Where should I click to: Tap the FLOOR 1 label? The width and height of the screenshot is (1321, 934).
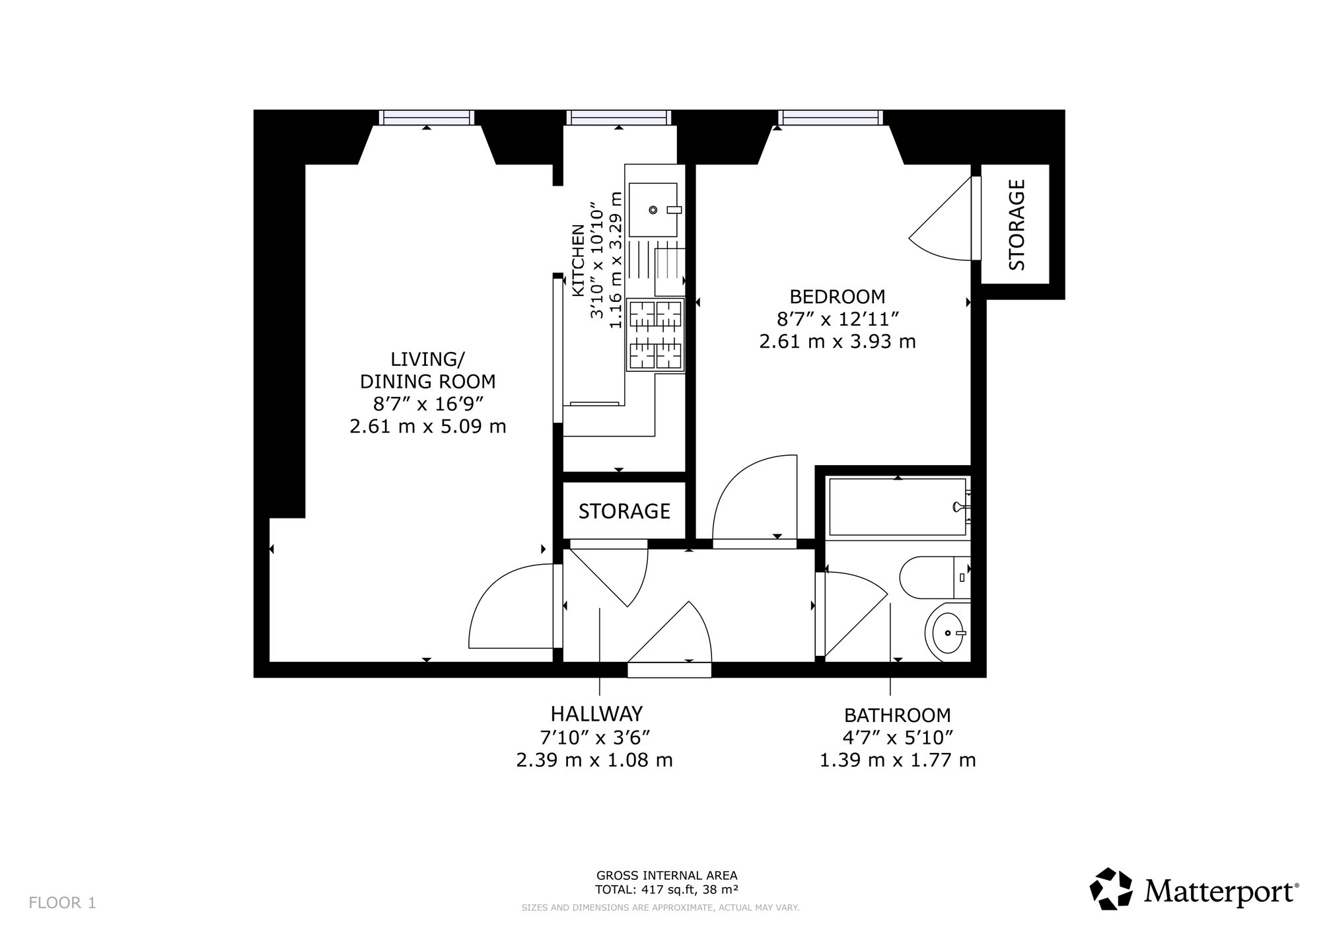tap(63, 903)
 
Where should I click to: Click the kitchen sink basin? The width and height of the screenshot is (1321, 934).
tap(653, 210)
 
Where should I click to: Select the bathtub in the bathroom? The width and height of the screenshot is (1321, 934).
tap(899, 507)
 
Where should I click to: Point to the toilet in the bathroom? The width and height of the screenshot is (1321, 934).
tap(935, 577)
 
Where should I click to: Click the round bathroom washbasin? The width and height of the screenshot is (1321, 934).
tap(947, 633)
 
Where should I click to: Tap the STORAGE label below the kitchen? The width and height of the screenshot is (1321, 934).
tap(624, 511)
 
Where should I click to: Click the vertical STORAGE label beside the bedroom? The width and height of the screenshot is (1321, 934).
tap(1017, 225)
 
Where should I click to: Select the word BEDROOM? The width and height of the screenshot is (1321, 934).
tap(838, 296)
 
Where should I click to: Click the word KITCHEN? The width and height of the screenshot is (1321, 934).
tap(578, 261)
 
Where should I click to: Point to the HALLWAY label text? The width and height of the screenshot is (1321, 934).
tap(596, 714)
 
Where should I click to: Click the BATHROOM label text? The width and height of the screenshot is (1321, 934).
tap(898, 715)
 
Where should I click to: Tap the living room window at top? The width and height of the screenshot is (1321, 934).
tap(427, 118)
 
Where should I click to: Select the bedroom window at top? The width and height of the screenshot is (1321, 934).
tap(830, 118)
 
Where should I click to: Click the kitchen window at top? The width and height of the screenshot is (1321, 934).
tap(619, 118)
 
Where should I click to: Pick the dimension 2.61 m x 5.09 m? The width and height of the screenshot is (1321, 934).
tap(428, 427)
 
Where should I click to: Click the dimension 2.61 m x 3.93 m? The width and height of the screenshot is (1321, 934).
tap(838, 342)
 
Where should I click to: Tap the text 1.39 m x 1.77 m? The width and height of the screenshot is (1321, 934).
tap(898, 761)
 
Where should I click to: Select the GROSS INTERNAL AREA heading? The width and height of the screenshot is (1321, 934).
tap(666, 877)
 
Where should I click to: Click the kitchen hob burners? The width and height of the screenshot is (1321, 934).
tap(655, 334)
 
